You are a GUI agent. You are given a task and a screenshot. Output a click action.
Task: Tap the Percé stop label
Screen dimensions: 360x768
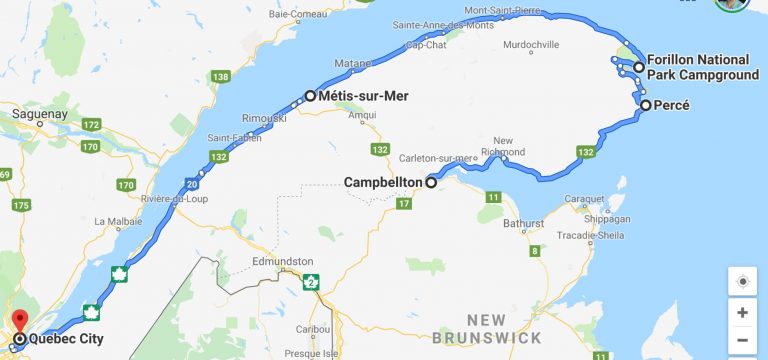(x=672, y=105)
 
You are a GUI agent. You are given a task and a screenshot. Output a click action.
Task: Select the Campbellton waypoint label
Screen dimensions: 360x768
(x=383, y=183)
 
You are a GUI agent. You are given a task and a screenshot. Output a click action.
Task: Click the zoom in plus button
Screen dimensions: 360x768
(x=742, y=312)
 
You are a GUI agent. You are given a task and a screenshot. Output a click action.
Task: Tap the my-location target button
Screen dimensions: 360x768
(x=742, y=282)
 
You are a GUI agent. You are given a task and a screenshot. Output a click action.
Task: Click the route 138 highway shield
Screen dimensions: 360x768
(x=221, y=77)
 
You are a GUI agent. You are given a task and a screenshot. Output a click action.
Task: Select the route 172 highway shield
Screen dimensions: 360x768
(x=92, y=125)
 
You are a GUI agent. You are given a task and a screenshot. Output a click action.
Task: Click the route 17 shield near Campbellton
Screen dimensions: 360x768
(x=403, y=204)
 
